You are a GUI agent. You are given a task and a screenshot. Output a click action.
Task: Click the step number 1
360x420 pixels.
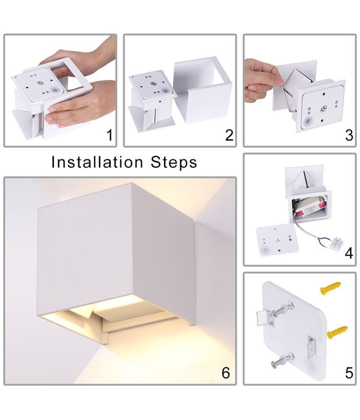(x=109, y=135)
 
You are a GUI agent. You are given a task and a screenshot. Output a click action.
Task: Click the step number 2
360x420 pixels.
(x=229, y=135)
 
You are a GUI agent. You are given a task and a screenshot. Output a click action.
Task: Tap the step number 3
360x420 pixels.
(x=349, y=135)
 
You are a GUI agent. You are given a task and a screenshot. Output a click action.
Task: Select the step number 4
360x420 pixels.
(x=349, y=253)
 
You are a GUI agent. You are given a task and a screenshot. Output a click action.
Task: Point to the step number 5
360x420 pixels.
(x=349, y=373)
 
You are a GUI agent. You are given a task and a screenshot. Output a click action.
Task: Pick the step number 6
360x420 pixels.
(x=225, y=373)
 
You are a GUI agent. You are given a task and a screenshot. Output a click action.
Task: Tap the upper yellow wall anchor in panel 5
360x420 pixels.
(x=331, y=288)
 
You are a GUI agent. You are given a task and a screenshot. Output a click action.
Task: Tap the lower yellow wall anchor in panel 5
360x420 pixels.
(x=337, y=332)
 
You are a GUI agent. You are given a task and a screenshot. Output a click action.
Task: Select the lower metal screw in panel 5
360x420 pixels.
(x=282, y=359)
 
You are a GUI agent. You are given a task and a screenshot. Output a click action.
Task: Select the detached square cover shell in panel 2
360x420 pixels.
(x=203, y=90)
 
